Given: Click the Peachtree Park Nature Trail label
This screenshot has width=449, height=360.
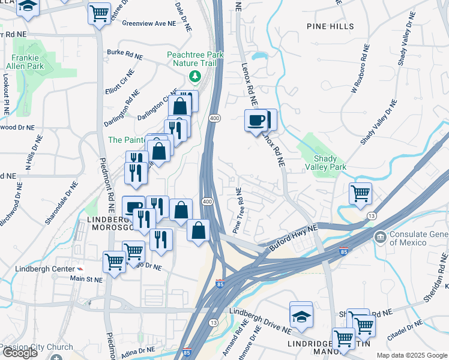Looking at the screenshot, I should [195, 58].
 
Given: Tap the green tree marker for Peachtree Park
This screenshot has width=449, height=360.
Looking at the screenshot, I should [194, 76].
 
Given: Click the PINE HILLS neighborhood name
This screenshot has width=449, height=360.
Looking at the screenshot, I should [330, 26].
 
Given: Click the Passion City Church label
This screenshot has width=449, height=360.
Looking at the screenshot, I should [37, 347].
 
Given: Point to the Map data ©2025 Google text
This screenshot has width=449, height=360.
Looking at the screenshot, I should [411, 355].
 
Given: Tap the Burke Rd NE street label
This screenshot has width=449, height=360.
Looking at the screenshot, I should [125, 54].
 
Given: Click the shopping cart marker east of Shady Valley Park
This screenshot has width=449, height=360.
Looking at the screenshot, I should [360, 194].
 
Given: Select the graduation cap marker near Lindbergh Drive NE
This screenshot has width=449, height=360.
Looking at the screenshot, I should [301, 316].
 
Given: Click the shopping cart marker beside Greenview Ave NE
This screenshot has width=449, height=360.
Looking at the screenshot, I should [99, 13].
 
